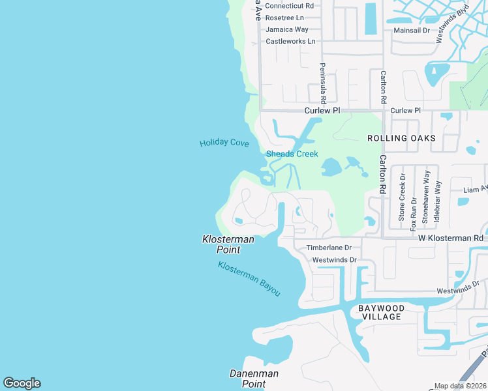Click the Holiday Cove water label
tap(224, 143)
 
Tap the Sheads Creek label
tap(292, 154)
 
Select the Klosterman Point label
tap(228, 244)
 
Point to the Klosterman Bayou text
tap(249, 279)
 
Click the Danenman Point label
tap(254, 379)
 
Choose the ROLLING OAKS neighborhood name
tap(401, 138)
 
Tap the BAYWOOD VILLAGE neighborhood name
tap(382, 312)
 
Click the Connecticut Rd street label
tap(290, 6)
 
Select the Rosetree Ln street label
tap(285, 18)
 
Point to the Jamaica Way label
tap(287, 29)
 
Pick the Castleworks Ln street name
tap(290, 41)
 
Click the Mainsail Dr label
tap(412, 31)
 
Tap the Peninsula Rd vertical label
tap(322, 83)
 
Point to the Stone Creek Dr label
tap(403, 196)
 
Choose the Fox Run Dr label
tap(414, 210)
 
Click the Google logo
tap(22, 383)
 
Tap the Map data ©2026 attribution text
tap(459, 386)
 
